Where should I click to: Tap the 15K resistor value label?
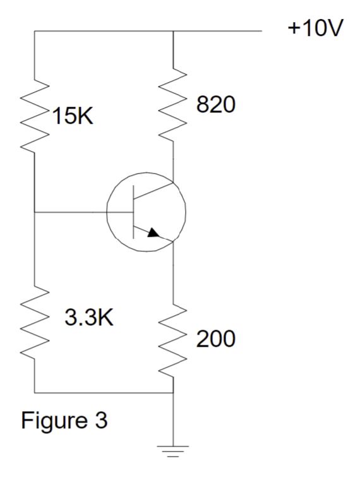71,118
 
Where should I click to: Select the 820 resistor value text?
216,105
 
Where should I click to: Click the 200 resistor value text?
215,339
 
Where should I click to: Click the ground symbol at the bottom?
172,450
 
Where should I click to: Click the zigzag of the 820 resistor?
172,104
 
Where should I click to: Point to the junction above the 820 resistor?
172,30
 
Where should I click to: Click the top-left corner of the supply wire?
34,30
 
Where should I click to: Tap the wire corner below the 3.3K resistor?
34,392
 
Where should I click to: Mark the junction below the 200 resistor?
172,392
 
